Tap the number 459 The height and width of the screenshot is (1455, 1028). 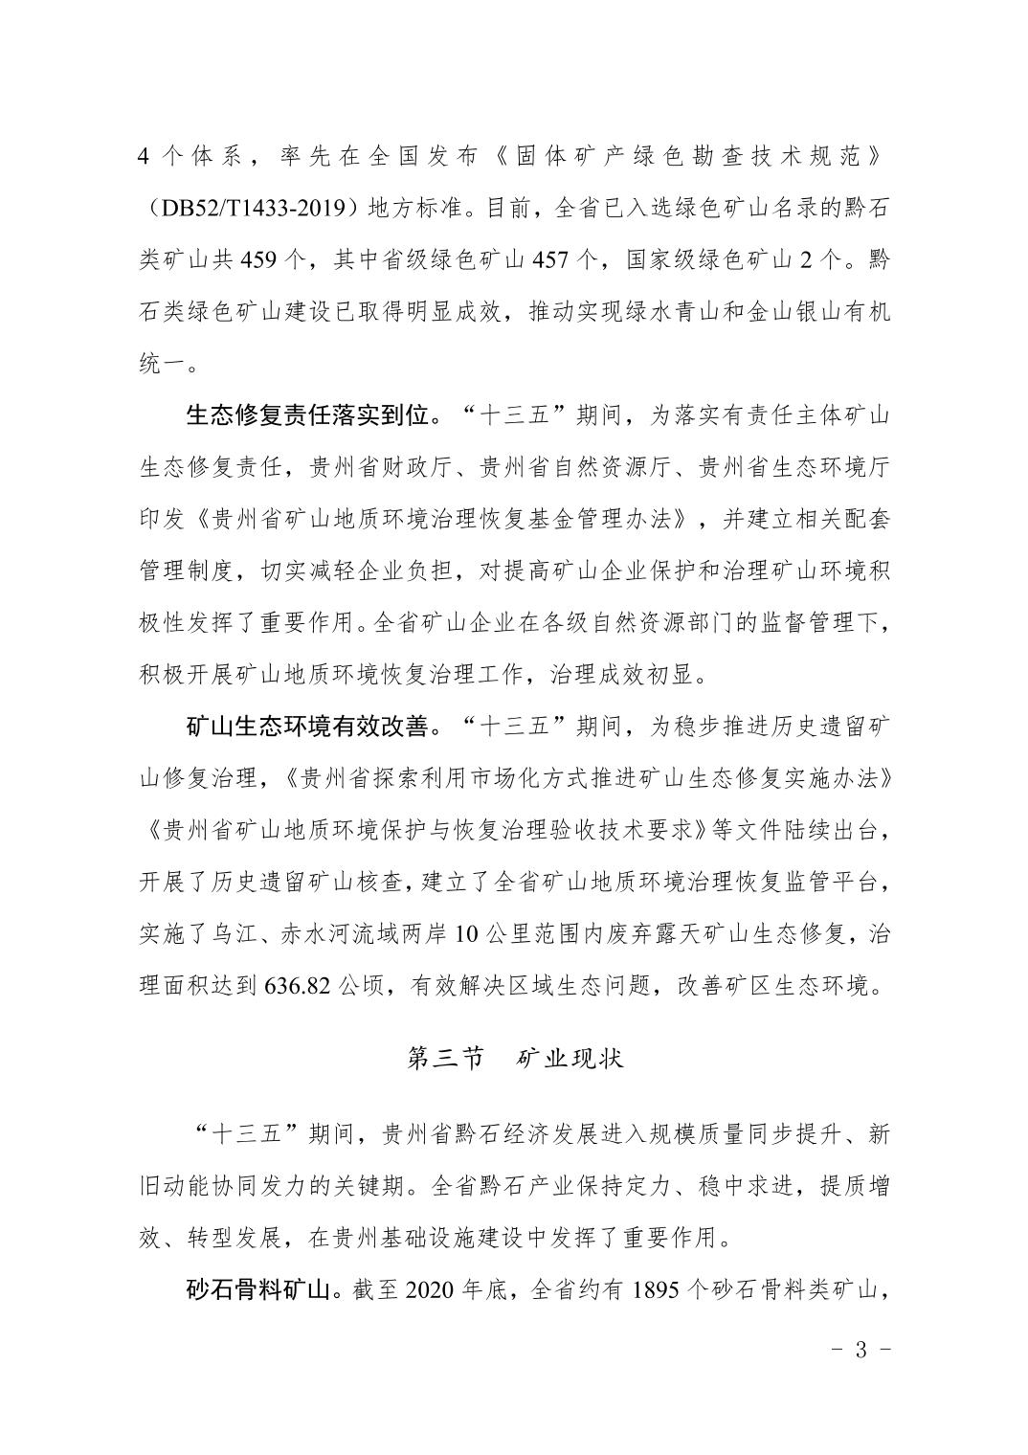coord(261,259)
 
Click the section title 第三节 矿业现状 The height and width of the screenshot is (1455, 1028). coord(515,1058)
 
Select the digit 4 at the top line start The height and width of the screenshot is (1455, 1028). coord(145,156)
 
